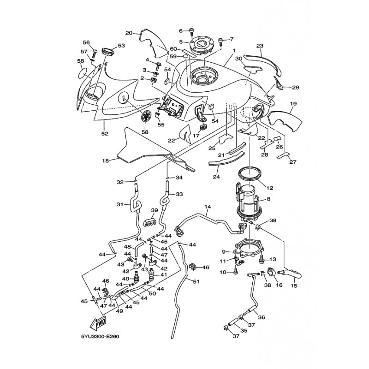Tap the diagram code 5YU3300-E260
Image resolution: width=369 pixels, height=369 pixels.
pos(100,337)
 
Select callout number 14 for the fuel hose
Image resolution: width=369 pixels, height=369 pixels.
pos(208,207)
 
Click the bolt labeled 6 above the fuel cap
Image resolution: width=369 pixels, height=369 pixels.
pos(192,32)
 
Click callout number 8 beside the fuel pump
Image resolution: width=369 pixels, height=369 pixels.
pos(268,199)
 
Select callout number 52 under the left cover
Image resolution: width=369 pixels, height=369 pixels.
pos(105,134)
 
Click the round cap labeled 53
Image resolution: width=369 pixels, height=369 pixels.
pos(108,52)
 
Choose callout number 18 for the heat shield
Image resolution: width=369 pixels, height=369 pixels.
pos(106,161)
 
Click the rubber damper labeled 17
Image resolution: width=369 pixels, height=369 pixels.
pos(203,127)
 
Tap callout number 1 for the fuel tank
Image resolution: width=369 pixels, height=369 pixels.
pos(234,51)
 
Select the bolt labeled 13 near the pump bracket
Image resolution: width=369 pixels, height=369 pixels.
pos(261,259)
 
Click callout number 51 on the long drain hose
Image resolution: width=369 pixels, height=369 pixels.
pos(196,281)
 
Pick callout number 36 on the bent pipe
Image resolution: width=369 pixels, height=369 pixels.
pos(262,317)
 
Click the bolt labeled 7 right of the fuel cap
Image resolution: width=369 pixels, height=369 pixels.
pos(221,42)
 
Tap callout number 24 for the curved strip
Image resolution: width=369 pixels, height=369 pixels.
pos(216,177)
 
